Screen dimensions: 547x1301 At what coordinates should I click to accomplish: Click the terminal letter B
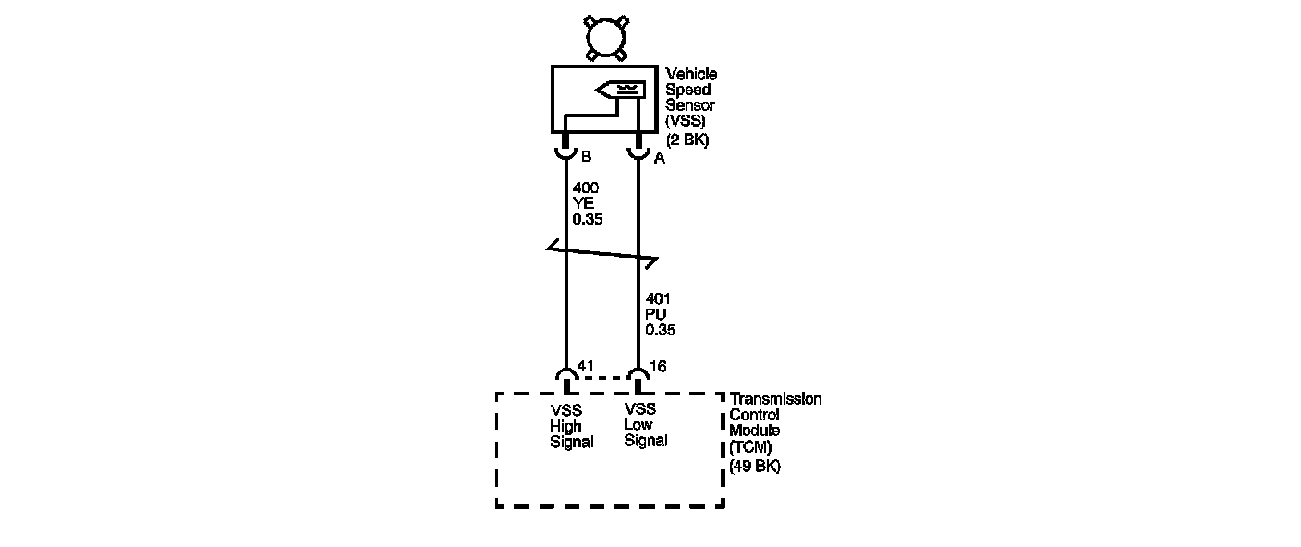(x=586, y=157)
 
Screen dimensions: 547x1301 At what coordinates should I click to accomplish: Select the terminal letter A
(x=659, y=159)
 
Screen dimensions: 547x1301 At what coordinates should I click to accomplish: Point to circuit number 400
(x=585, y=188)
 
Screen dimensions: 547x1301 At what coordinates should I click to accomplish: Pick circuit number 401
(x=658, y=298)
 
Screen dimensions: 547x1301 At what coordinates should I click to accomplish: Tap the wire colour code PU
(x=655, y=314)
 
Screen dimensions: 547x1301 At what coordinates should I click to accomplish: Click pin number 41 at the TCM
(x=586, y=367)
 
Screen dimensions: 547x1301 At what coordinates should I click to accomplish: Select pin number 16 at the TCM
(x=658, y=367)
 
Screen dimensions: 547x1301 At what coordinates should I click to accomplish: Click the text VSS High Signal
(x=571, y=426)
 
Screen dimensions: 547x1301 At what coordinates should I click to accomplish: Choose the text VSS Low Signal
(x=645, y=425)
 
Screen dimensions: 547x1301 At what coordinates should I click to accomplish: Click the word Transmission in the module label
(x=775, y=399)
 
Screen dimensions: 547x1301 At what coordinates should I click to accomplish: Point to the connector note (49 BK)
(x=755, y=467)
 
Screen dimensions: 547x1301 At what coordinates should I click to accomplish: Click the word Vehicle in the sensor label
(x=691, y=74)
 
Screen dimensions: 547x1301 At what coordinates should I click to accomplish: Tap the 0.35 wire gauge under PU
(x=660, y=330)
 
